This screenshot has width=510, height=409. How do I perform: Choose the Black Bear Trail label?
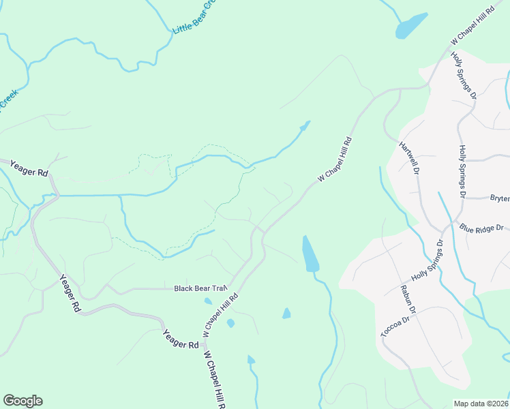199,288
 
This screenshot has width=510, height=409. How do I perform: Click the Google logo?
22,401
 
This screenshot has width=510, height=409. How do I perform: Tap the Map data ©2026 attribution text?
481,404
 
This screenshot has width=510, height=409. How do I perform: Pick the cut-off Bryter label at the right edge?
500,198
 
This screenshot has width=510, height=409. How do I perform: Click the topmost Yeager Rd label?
27,170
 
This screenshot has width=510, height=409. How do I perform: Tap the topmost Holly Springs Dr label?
464,76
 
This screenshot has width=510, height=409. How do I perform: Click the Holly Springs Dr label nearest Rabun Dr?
427,262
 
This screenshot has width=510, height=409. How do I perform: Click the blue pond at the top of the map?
411,26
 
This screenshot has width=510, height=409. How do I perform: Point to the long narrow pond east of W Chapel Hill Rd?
310,254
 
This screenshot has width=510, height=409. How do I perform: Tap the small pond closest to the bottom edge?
251,359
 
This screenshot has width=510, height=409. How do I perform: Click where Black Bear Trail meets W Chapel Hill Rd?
230,286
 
